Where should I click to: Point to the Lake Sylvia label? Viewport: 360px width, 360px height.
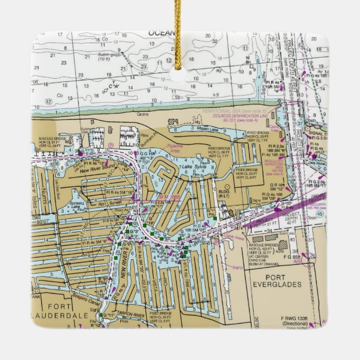pos(192,168)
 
